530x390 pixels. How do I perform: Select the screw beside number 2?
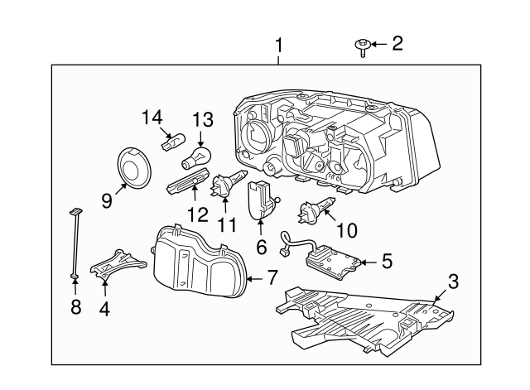(364, 48)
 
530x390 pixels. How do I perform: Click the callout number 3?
(452, 281)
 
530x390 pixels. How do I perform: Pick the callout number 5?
(387, 262)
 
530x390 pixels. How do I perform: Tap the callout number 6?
(261, 247)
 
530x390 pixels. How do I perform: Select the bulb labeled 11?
(226, 185)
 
